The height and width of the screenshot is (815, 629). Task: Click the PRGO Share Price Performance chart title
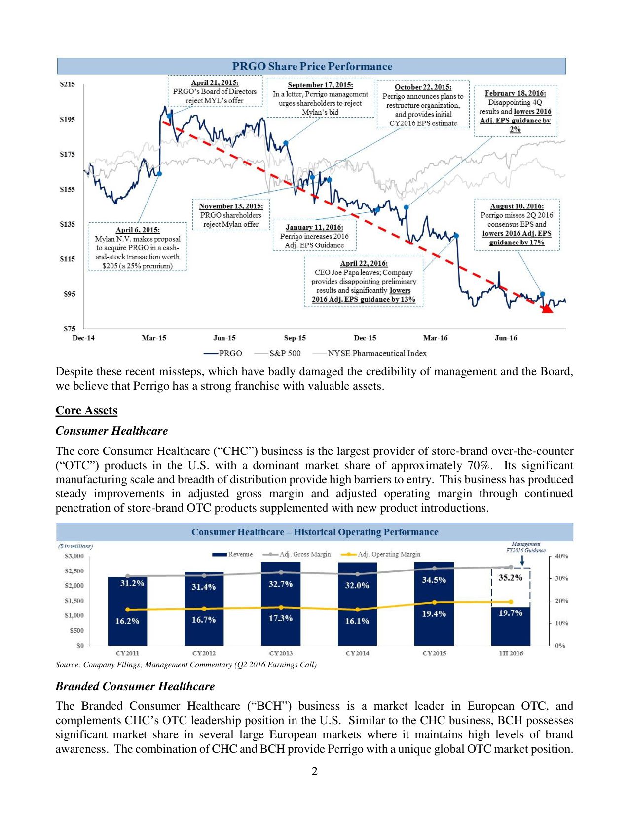[x=312, y=66]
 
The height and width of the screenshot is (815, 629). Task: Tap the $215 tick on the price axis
[x=67, y=84]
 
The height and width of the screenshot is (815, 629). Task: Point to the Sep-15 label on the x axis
[x=295, y=338]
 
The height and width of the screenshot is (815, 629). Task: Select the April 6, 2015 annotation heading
[x=138, y=230]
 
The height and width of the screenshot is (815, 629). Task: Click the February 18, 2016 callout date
[x=515, y=93]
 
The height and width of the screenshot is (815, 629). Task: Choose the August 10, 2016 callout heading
[x=517, y=206]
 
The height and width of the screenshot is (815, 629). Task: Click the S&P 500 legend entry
[x=285, y=353]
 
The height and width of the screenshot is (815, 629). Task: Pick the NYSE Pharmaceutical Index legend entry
[x=377, y=353]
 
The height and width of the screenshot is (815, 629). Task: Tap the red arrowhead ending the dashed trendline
[x=546, y=309]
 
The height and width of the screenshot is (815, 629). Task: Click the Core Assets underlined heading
[x=86, y=411]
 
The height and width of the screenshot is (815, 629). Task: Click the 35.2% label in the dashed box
[x=510, y=578]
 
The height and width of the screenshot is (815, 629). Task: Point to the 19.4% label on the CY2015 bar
[x=434, y=614]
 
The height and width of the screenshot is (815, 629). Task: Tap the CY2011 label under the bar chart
[x=127, y=653]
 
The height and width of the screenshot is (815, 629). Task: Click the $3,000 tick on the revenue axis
[x=74, y=556]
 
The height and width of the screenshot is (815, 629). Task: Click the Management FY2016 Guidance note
[x=525, y=547]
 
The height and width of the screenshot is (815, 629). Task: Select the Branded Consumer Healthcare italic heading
[x=135, y=686]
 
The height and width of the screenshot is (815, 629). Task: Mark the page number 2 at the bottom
[x=315, y=772]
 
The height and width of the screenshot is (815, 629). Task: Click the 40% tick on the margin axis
[x=561, y=556]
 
